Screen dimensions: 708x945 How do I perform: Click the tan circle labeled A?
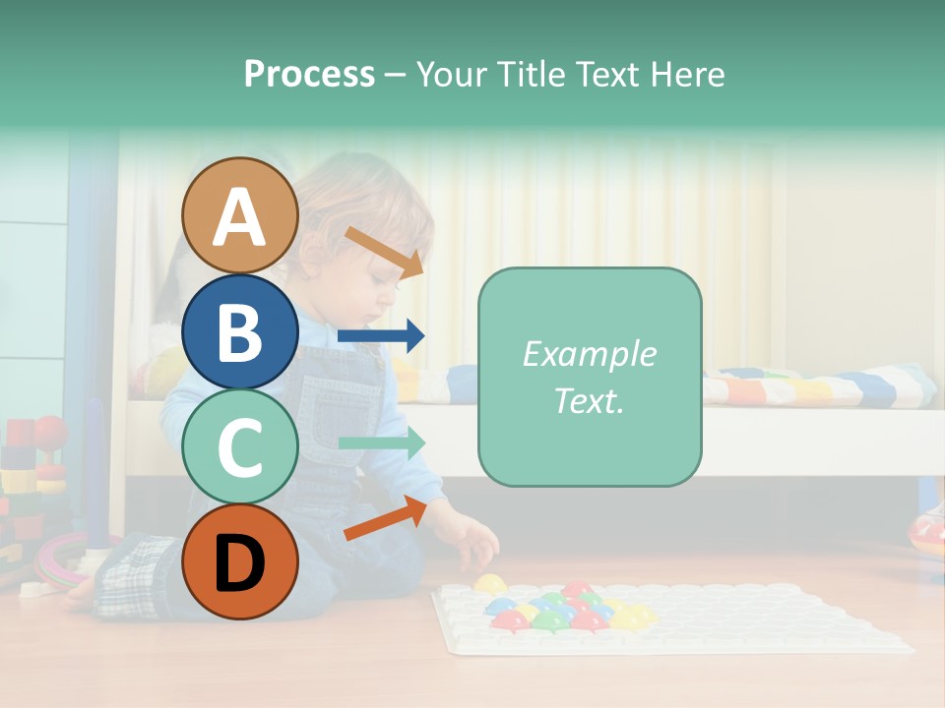pyautogui.click(x=239, y=215)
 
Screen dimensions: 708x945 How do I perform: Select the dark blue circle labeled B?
pyautogui.click(x=239, y=331)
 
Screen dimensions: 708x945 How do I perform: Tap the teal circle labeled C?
pyautogui.click(x=239, y=446)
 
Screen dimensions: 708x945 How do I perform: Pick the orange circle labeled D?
pyautogui.click(x=239, y=561)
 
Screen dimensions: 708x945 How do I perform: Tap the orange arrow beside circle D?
pyautogui.click(x=385, y=519)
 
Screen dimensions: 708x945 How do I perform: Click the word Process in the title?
pyautogui.click(x=309, y=74)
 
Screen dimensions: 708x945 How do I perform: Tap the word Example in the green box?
pyautogui.click(x=589, y=354)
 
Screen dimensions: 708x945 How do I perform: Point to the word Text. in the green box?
pyautogui.click(x=589, y=401)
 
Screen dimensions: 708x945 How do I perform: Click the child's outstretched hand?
pyautogui.click(x=472, y=539)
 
